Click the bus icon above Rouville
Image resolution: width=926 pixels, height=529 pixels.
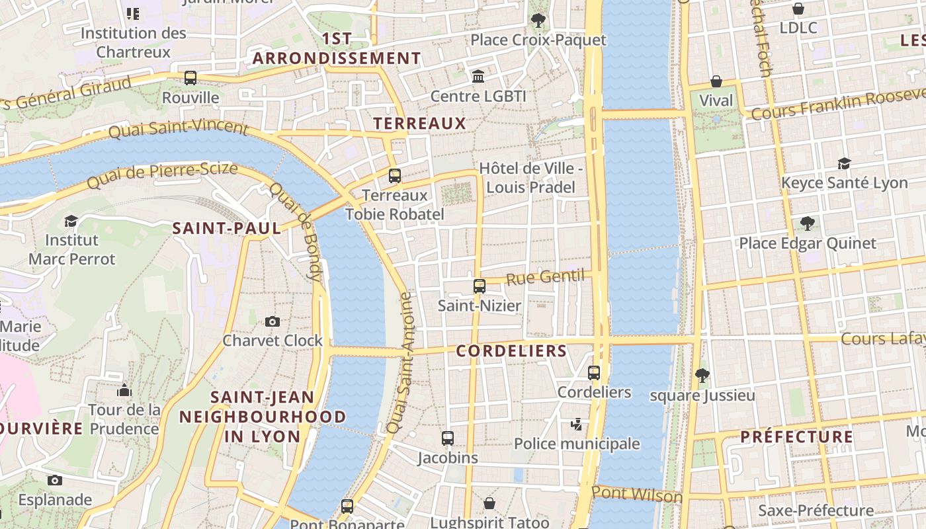click(x=190, y=78)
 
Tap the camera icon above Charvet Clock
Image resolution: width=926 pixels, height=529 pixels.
click(x=272, y=321)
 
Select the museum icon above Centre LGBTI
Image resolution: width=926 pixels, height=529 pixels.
click(x=478, y=77)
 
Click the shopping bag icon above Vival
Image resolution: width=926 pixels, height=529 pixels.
click(x=716, y=81)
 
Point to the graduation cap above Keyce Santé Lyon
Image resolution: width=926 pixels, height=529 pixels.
click(x=844, y=163)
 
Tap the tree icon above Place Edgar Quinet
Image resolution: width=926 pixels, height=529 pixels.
click(x=807, y=224)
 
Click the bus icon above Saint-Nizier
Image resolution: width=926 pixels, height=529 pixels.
click(x=480, y=286)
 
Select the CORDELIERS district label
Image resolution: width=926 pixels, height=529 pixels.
click(x=511, y=351)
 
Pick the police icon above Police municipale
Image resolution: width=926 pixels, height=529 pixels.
click(x=577, y=424)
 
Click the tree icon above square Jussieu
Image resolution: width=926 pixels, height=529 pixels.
click(x=702, y=376)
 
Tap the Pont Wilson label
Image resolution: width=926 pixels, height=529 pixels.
click(x=637, y=495)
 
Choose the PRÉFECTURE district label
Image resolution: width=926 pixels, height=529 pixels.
click(x=796, y=436)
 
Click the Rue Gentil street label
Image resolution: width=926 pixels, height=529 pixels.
click(x=546, y=276)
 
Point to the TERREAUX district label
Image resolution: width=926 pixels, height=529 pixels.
click(x=419, y=123)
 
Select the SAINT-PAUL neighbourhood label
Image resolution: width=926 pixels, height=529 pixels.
click(x=226, y=229)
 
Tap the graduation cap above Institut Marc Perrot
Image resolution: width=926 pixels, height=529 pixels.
click(x=71, y=221)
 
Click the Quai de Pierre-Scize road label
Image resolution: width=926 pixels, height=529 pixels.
click(x=162, y=175)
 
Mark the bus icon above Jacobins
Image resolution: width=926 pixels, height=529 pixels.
click(x=448, y=438)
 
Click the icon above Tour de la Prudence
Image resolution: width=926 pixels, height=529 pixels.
click(x=124, y=391)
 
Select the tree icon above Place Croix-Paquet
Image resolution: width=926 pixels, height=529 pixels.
click(x=538, y=20)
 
